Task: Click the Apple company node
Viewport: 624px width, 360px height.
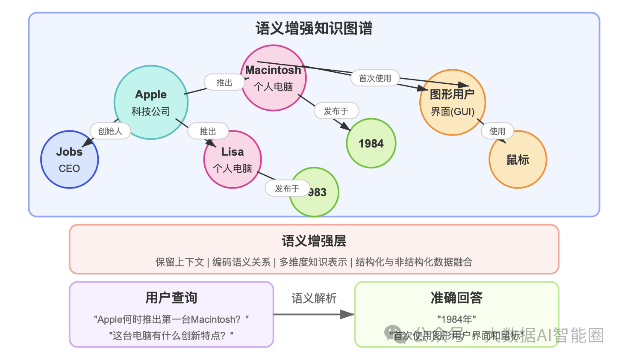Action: (x=151, y=103)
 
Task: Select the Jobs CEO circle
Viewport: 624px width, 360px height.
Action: (x=69, y=159)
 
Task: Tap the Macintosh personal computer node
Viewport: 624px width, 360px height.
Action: (x=274, y=78)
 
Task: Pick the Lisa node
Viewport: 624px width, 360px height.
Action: (x=233, y=159)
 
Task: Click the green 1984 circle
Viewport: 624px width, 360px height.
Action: (x=371, y=144)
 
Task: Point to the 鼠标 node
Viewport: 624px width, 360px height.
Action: (x=518, y=160)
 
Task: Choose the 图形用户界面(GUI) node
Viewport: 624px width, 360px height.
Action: (x=453, y=103)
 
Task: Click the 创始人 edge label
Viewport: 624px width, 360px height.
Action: (x=110, y=131)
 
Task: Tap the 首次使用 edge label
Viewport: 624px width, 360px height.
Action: (x=375, y=78)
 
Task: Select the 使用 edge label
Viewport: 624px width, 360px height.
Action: (x=497, y=131)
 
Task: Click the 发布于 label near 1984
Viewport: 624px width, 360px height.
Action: (x=336, y=111)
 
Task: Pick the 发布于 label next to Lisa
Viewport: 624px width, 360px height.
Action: (x=287, y=189)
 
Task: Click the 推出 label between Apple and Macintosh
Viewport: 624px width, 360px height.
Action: (x=224, y=83)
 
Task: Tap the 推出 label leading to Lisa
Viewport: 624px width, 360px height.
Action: (x=208, y=131)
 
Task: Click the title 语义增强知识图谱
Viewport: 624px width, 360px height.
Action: (x=314, y=29)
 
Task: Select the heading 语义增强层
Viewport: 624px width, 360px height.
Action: (x=314, y=241)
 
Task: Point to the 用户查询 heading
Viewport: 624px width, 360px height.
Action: (x=171, y=298)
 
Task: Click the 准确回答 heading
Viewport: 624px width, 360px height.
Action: (x=456, y=298)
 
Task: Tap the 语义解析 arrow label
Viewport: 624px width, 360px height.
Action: (x=314, y=298)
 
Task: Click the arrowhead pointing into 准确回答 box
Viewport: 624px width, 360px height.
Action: (x=348, y=315)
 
